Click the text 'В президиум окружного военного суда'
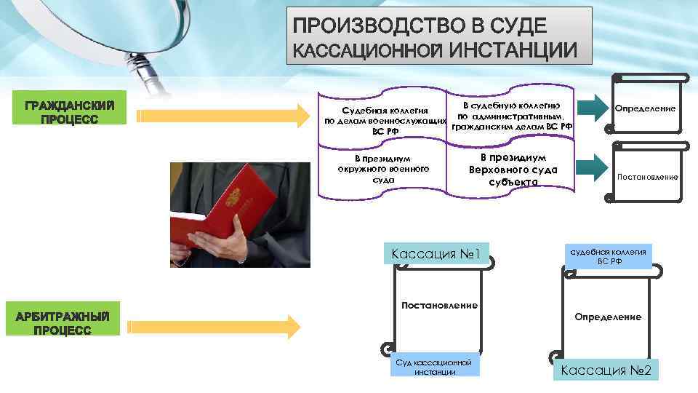383,168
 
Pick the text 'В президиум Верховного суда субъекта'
513,170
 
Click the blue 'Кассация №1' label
438,254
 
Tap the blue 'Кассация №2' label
606,371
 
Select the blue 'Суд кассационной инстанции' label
435,367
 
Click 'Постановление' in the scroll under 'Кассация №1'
439,305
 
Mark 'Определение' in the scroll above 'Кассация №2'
608,317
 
